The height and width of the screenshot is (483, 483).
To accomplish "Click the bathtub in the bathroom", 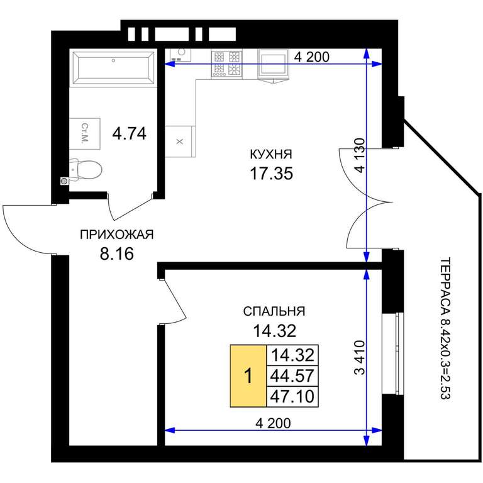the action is coord(114,67).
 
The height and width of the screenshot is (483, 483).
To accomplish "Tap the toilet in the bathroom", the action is coord(86,169).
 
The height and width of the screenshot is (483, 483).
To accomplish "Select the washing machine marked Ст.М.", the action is coord(84,133).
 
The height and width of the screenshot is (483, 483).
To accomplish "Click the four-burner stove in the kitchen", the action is coord(226,64).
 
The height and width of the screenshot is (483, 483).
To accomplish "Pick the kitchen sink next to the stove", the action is coord(273,65).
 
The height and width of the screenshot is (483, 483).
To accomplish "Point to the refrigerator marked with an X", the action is coord(180,142).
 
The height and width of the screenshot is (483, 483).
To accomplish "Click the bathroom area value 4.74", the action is coord(129,134).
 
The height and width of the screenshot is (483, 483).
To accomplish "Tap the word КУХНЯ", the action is coord(271,154).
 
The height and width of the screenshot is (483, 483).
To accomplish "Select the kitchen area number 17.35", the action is coord(271,174).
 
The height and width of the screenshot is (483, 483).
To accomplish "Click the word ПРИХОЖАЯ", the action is coord(116,235).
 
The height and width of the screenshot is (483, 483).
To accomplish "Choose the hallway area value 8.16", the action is coord(117,254).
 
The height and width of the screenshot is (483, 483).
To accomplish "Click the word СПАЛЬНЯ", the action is coord(274,311).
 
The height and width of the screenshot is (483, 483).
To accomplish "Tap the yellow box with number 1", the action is coord(248,376).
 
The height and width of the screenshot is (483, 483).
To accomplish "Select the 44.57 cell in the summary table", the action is coord(292,376).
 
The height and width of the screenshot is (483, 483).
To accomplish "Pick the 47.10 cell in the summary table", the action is coord(292,397).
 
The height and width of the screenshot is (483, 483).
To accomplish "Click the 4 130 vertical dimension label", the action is coord(360,155).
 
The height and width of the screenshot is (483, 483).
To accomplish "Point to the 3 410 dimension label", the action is coord(360,357).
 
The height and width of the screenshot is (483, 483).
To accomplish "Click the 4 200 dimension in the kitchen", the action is coord(312,57).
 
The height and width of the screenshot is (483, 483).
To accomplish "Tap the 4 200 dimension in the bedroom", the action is coord(273,423).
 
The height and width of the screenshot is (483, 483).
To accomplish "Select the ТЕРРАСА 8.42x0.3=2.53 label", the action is coord(445,328).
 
